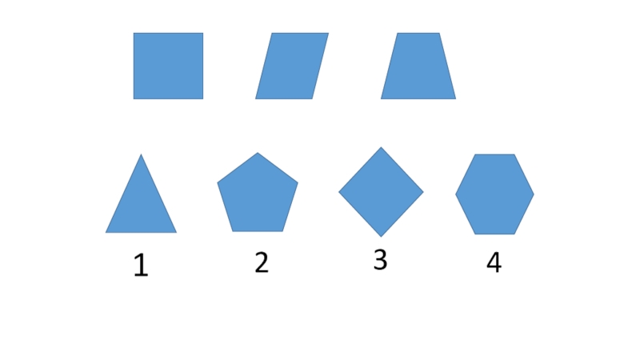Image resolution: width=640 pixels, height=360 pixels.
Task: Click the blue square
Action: tap(168, 66)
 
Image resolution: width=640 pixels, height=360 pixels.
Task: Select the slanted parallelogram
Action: tap(292, 66)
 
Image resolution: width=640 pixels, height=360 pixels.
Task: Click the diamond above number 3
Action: tap(381, 192)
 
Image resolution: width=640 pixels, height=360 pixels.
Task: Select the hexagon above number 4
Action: tap(494, 194)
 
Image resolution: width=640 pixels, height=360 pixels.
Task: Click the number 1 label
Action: tap(141, 266)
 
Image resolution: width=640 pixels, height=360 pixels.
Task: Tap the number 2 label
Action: tap(262, 262)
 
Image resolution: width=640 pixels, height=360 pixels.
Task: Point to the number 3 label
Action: tap(380, 260)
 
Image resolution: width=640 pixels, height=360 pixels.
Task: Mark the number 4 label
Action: tap(494, 262)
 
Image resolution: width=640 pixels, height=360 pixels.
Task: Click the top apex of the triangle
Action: tap(142, 155)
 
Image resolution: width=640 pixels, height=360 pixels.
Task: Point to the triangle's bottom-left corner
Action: tap(106, 232)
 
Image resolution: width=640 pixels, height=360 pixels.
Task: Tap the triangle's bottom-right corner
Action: tap(176, 232)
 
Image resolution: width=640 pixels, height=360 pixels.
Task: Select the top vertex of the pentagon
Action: tap(258, 154)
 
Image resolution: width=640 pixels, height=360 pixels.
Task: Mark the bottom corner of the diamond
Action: tap(381, 236)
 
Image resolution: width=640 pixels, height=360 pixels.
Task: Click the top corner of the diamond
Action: tap(381, 148)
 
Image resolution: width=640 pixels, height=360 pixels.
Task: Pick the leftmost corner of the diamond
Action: tap(339, 192)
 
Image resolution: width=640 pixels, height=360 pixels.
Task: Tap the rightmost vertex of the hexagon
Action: tap(533, 194)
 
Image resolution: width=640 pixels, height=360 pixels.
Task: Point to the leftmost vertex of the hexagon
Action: tap(456, 194)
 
